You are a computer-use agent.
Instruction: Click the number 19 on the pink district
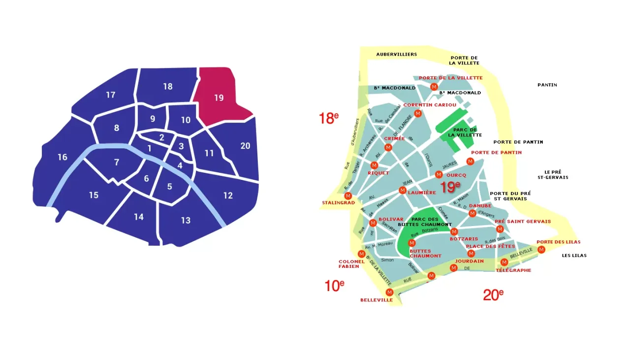click(219, 98)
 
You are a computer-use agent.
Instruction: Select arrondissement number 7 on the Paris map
click(117, 163)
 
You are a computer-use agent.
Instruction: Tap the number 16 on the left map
click(62, 158)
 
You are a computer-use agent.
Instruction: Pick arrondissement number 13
click(186, 220)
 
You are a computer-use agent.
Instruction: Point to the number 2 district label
click(161, 137)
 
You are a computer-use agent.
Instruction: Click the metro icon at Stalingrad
click(348, 196)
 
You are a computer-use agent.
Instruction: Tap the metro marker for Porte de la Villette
click(434, 87)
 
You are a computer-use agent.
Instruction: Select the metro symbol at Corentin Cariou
click(418, 114)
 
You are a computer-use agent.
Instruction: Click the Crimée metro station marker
click(388, 148)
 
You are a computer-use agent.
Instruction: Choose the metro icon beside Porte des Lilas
click(541, 250)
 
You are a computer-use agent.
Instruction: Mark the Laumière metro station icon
click(403, 191)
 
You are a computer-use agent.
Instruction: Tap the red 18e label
click(329, 118)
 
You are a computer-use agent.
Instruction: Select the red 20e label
click(493, 295)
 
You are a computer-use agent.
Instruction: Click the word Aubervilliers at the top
click(396, 54)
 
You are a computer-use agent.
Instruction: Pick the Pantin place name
click(547, 85)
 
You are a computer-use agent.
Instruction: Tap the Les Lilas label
click(574, 255)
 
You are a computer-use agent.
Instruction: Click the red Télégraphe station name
click(513, 270)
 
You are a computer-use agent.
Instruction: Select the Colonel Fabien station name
click(351, 264)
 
